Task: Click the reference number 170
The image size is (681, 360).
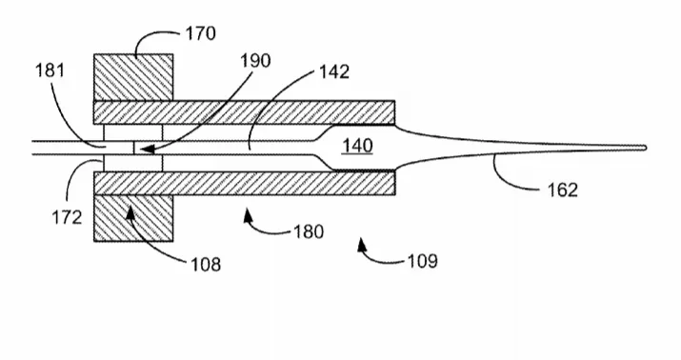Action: point(201,33)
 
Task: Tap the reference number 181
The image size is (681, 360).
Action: point(50,70)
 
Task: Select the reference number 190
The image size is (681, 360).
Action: point(256,60)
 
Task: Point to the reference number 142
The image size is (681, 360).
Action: point(334,71)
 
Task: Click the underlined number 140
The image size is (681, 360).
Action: point(357,146)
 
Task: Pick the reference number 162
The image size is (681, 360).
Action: point(563,190)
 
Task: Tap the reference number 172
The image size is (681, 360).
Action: point(67,217)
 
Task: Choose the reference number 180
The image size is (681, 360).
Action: point(309,231)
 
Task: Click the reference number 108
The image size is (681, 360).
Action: point(206,264)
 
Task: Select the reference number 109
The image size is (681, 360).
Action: point(423,261)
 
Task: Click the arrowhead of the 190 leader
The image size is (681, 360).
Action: point(147,150)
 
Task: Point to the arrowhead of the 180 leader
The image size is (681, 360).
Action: point(248,214)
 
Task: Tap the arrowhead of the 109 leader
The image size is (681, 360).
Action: point(362,244)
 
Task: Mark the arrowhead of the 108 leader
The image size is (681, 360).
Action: point(130,213)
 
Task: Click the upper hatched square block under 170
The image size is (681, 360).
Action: point(133,77)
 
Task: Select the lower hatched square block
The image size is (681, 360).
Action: point(133,218)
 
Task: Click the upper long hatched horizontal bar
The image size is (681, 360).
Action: point(244,112)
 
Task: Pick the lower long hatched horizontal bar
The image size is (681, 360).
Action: point(244,183)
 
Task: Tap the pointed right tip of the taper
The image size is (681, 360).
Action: point(647,148)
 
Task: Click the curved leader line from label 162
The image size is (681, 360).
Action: point(509,183)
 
